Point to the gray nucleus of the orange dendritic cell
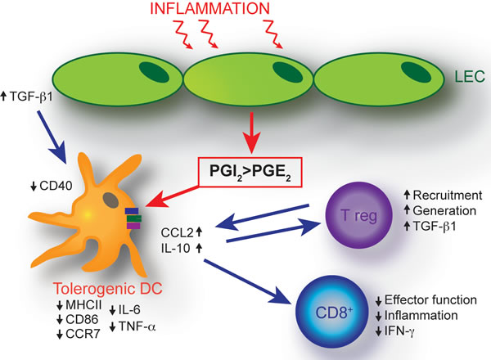point(110,200)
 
